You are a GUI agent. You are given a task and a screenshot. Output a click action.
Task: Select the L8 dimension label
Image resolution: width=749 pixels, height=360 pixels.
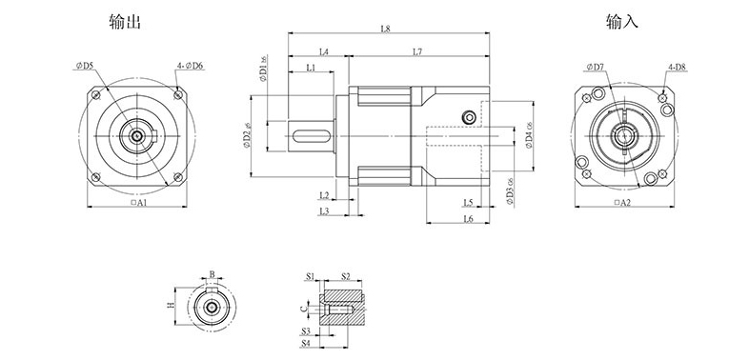click(x=385, y=30)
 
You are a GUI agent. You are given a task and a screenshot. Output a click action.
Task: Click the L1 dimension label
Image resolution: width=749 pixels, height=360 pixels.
click(x=312, y=68)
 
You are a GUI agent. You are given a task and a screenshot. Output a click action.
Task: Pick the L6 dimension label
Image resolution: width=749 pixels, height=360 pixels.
click(x=468, y=219)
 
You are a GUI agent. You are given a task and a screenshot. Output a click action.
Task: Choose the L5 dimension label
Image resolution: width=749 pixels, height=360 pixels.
click(x=468, y=202)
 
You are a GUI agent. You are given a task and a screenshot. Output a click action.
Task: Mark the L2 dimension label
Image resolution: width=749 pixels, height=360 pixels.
click(x=324, y=195)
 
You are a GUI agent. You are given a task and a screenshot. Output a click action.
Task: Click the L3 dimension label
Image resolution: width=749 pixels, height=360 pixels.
click(x=324, y=210)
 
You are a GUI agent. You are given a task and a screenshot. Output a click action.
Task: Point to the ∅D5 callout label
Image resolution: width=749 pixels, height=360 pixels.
click(x=83, y=66)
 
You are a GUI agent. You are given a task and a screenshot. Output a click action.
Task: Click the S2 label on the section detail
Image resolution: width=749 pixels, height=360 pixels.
click(x=345, y=276)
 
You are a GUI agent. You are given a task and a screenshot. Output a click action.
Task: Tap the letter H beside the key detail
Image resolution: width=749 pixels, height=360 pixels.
click(x=171, y=306)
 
